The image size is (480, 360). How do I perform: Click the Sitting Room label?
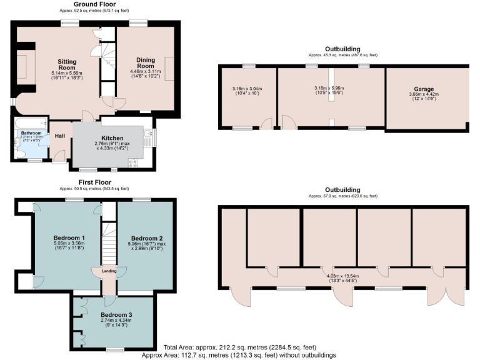66,65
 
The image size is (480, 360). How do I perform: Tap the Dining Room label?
145,63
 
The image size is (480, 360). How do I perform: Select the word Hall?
60,136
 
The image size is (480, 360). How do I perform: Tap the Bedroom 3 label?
112,314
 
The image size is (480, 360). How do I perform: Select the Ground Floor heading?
94,4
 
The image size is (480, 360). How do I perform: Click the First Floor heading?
94,182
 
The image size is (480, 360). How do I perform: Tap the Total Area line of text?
240,347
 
